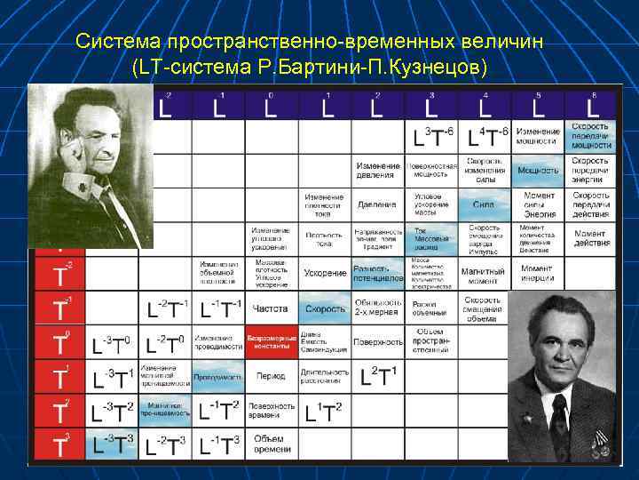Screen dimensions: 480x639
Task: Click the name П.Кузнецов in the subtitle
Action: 431,68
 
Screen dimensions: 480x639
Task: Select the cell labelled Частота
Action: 270,308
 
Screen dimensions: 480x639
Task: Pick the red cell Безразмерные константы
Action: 270,341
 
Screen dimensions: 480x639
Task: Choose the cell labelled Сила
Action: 484,204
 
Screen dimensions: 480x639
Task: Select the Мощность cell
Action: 538,170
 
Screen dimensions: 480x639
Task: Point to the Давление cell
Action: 376,204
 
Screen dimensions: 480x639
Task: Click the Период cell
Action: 270,376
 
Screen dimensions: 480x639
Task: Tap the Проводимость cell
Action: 217,376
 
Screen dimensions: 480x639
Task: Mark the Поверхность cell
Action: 376,341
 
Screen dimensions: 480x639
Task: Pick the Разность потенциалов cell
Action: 377,273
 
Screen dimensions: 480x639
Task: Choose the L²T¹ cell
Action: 379,377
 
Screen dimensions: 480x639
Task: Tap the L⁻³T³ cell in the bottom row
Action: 113,444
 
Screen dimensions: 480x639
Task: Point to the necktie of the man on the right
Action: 560,418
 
